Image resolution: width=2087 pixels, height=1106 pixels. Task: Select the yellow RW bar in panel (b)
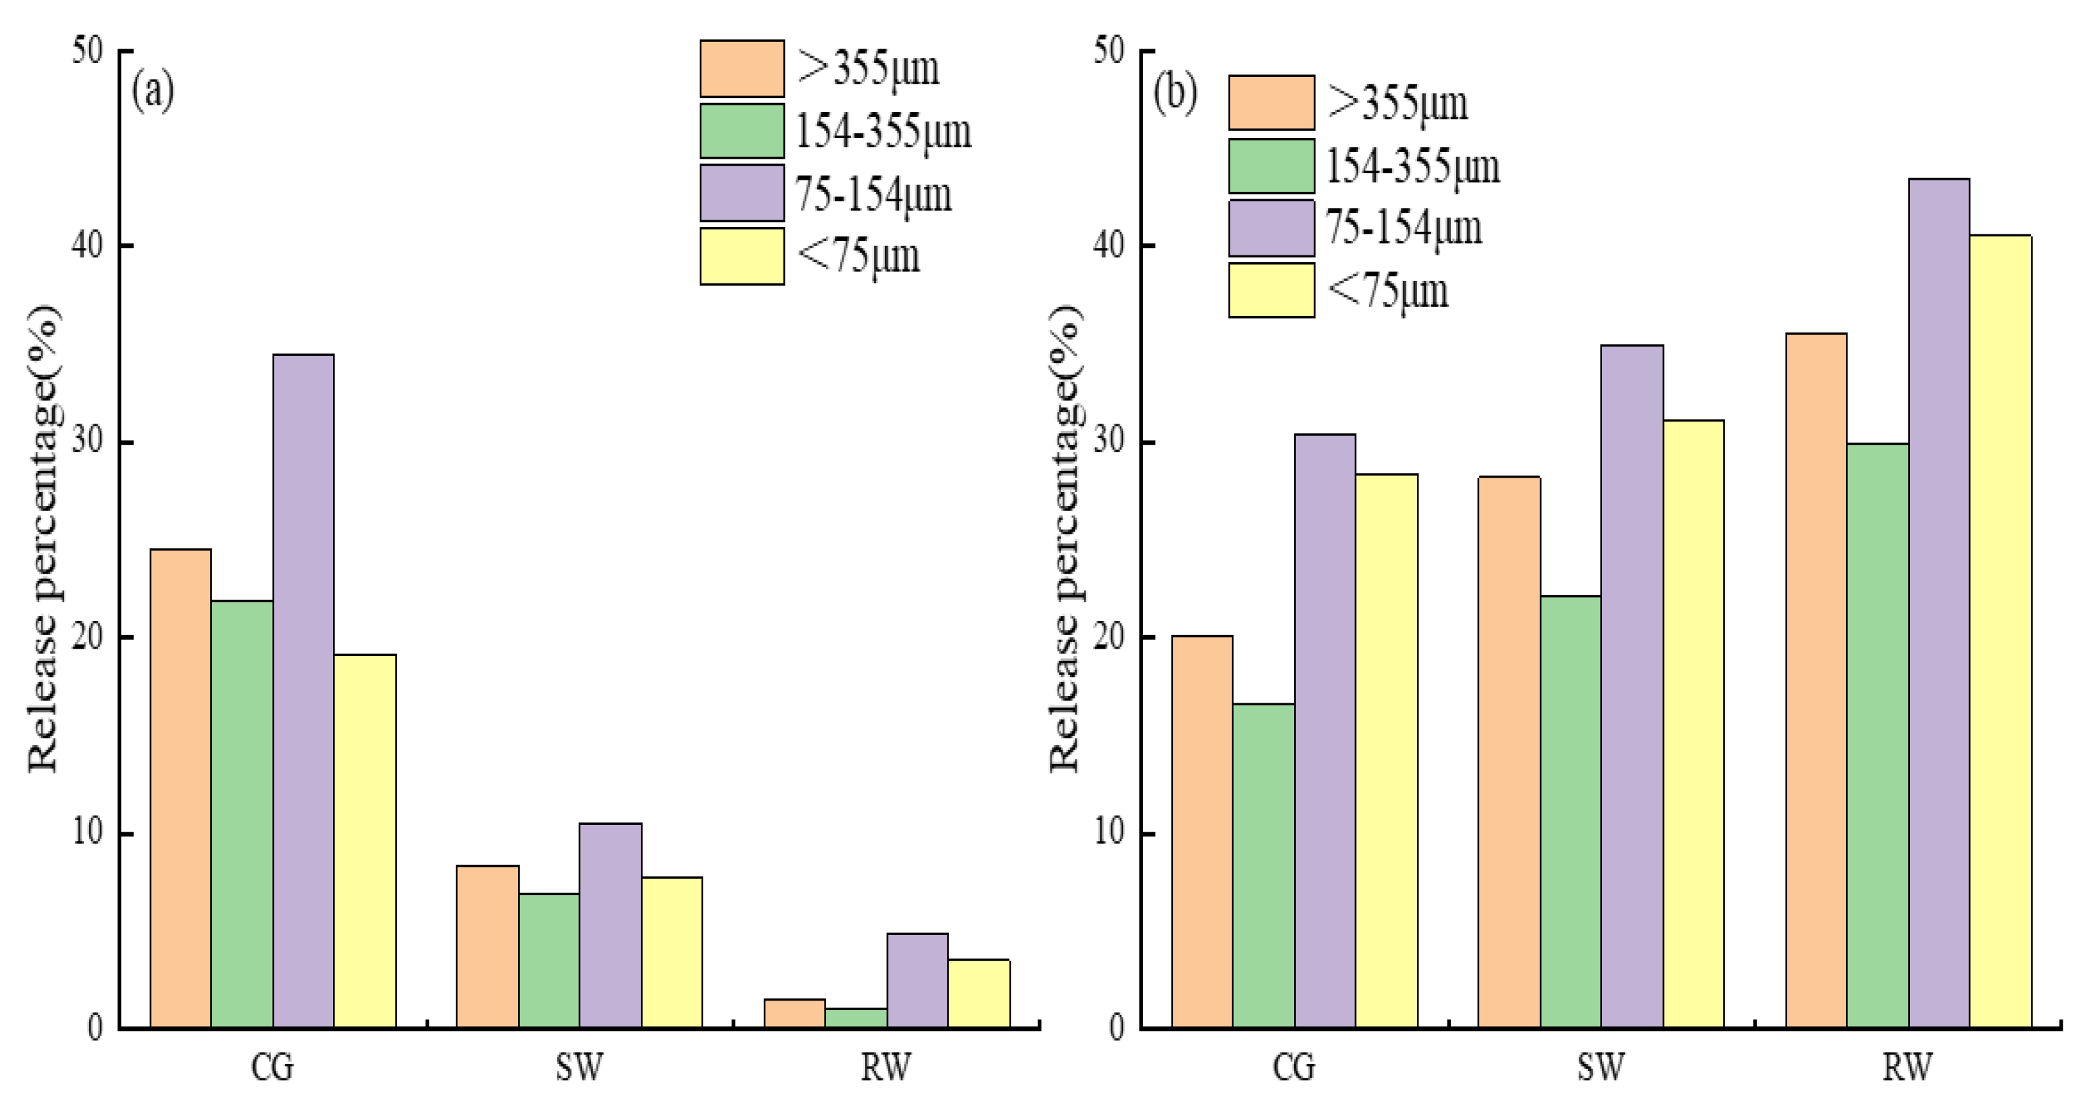(x=1999, y=632)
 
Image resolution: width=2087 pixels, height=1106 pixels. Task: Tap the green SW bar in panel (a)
(x=548, y=960)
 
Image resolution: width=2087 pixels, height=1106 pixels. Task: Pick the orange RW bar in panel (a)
(x=794, y=1013)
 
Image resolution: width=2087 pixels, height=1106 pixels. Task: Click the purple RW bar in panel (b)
(x=1938, y=603)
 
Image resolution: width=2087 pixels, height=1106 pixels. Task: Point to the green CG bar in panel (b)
(x=1263, y=866)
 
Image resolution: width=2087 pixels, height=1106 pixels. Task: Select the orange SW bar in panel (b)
(x=1509, y=753)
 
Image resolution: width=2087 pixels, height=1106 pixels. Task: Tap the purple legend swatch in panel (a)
(x=742, y=193)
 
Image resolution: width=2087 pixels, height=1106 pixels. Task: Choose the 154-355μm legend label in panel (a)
(x=882, y=132)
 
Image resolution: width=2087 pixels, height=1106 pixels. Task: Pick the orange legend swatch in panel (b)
(x=1270, y=103)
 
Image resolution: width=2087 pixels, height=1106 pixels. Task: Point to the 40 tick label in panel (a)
(x=88, y=245)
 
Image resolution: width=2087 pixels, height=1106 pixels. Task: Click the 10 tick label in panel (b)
(x=1109, y=832)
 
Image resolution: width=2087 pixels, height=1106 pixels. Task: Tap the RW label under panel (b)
(x=1907, y=1066)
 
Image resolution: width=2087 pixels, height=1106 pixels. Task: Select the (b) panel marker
(x=1174, y=93)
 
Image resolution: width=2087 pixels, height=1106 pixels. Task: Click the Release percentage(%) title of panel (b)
(x=1065, y=539)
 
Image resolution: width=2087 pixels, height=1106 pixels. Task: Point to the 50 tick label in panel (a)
(x=88, y=51)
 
